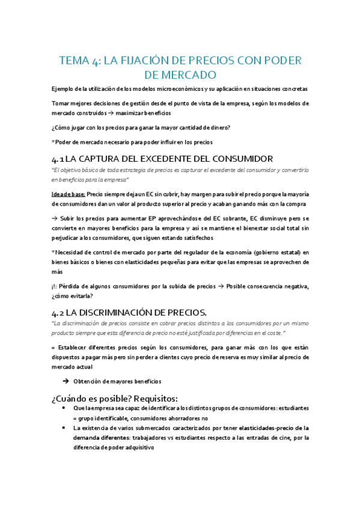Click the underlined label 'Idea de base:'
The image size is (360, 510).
pos(69,194)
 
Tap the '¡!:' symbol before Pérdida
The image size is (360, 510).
pos(56,286)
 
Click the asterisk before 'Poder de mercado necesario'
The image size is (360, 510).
pos(53,142)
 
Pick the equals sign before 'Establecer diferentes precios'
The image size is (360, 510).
pos(53,348)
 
